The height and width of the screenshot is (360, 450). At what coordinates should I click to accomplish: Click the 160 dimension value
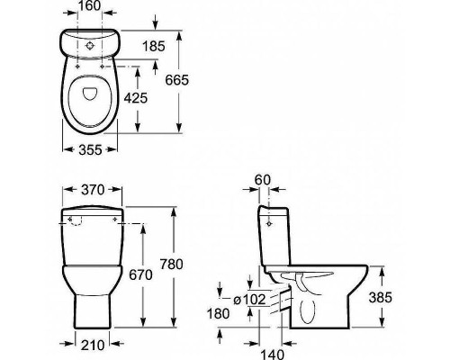tap(90, 5)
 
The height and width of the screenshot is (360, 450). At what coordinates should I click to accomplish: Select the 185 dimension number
tap(154, 47)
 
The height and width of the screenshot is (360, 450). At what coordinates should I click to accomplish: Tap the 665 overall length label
tap(177, 80)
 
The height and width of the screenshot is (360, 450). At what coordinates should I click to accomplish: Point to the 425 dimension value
tap(136, 98)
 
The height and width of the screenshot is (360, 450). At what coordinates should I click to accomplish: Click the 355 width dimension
tap(90, 149)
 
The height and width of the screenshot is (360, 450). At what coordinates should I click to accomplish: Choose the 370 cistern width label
tap(93, 190)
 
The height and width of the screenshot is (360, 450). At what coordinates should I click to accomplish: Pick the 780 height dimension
tap(171, 265)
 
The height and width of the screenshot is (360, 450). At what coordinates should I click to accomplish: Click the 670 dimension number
tap(140, 274)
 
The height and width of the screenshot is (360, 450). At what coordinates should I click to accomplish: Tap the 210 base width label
tap(93, 346)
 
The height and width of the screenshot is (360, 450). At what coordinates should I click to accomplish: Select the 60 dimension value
tap(263, 180)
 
